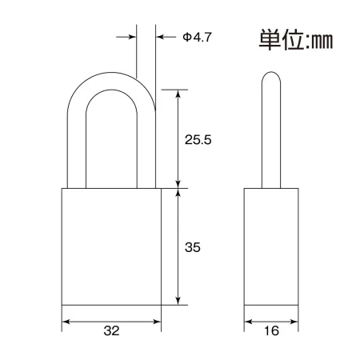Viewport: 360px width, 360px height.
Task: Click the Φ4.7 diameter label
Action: (x=197, y=37)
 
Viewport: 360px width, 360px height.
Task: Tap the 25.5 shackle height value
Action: (x=198, y=140)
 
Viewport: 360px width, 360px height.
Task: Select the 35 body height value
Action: (x=193, y=247)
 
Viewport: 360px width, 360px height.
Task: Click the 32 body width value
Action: (x=111, y=330)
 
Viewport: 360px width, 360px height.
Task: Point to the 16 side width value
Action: (x=271, y=330)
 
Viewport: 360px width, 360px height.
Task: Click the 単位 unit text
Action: (x=281, y=40)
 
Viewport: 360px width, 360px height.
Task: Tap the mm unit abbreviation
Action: (x=322, y=42)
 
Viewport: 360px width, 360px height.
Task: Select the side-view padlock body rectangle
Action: (x=271, y=246)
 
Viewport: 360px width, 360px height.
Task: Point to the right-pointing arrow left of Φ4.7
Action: (x=126, y=37)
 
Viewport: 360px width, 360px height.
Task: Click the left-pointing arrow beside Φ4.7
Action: (x=166, y=37)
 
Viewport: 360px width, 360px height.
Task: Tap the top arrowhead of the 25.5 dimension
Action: (x=178, y=94)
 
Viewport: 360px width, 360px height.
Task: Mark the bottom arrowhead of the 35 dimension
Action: (x=178, y=301)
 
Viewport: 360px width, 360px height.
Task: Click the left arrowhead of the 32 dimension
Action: (x=66, y=322)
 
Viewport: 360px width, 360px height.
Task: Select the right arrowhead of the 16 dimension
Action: (x=294, y=322)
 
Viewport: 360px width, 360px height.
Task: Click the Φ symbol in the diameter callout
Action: (x=187, y=37)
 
